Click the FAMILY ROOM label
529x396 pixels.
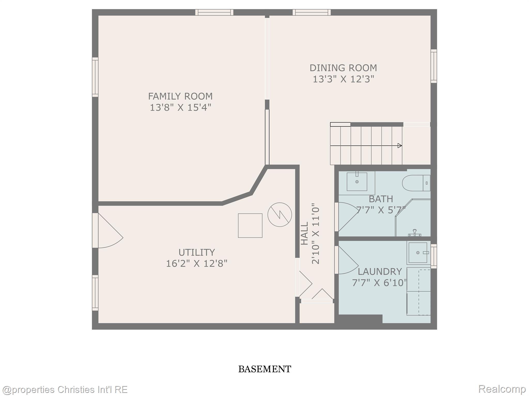click(x=180, y=96)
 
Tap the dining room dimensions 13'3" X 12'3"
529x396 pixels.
click(x=343, y=79)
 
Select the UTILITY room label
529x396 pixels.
click(x=197, y=252)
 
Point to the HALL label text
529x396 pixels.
click(x=305, y=233)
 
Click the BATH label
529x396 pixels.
click(x=381, y=199)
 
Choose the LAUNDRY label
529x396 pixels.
click(x=379, y=271)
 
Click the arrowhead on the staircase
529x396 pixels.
click(x=400, y=146)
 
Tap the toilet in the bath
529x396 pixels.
click(x=416, y=183)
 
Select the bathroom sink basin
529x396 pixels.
click(x=357, y=182)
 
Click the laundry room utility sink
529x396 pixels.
click(x=418, y=253)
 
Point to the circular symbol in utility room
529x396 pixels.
click(x=279, y=215)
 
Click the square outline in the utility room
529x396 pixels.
click(x=250, y=225)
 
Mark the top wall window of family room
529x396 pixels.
click(x=214, y=12)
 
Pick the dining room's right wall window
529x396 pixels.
click(x=434, y=66)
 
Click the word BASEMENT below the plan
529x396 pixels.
click(x=264, y=369)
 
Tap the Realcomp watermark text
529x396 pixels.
click(x=502, y=389)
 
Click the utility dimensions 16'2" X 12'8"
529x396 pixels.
click(x=197, y=263)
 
